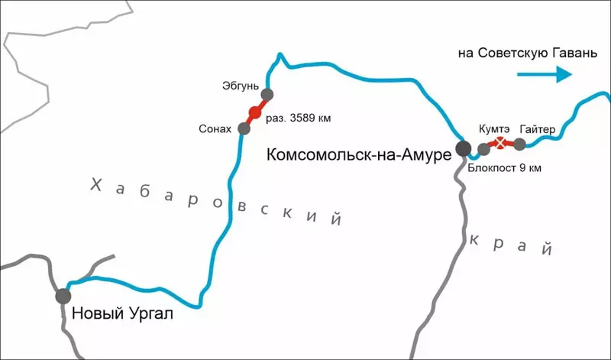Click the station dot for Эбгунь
pyautogui.click(x=267, y=95)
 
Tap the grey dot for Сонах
pyautogui.click(x=244, y=128)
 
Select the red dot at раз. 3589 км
pyautogui.click(x=255, y=113)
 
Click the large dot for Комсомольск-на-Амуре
pyautogui.click(x=462, y=148)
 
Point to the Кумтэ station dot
pyautogui.click(x=483, y=149)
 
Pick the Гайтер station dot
pyautogui.click(x=519, y=144)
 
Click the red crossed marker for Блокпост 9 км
pyautogui.click(x=500, y=144)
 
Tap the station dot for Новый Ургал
pyautogui.click(x=63, y=295)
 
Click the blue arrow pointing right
pyautogui.click(x=545, y=74)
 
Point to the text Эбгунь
pyautogui.click(x=239, y=86)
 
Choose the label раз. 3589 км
pyautogui.click(x=299, y=118)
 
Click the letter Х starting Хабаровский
pyautogui.click(x=95, y=184)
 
